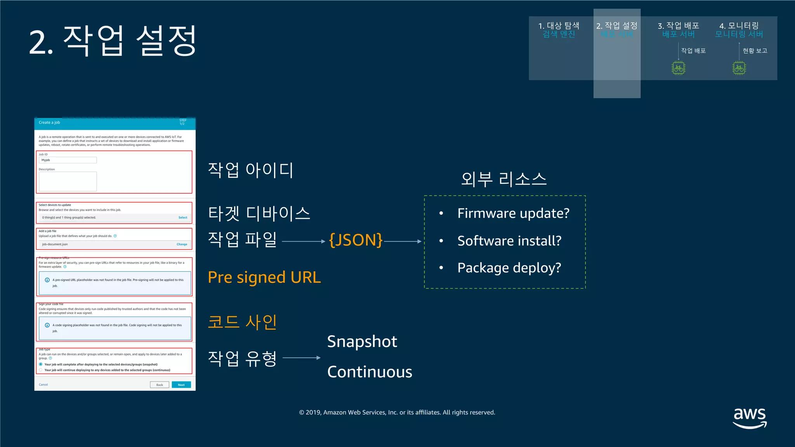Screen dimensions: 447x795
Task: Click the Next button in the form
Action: point(181,385)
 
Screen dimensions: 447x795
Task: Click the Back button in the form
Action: point(160,385)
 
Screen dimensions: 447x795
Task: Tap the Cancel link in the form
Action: point(43,385)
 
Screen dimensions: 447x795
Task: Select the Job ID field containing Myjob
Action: point(68,160)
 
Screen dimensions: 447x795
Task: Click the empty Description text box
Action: point(68,181)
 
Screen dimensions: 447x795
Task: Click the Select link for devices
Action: point(183,218)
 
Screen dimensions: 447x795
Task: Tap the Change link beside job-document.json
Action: point(182,244)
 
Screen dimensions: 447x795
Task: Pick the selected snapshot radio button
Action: point(41,364)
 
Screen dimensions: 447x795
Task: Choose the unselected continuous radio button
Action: point(41,370)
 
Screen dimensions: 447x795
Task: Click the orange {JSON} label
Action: point(356,240)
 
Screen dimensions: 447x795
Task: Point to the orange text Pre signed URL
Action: point(264,277)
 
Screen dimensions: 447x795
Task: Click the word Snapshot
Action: point(362,341)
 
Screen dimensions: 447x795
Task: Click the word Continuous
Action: point(370,372)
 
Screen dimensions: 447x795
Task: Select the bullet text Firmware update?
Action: point(513,213)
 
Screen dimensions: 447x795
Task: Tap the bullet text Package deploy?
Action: point(509,268)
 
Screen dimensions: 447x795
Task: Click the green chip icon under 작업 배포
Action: point(679,68)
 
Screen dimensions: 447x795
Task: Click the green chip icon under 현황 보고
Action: point(739,68)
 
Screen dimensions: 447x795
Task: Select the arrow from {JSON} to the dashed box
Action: point(403,241)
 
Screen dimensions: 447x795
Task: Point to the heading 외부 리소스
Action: point(504,179)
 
